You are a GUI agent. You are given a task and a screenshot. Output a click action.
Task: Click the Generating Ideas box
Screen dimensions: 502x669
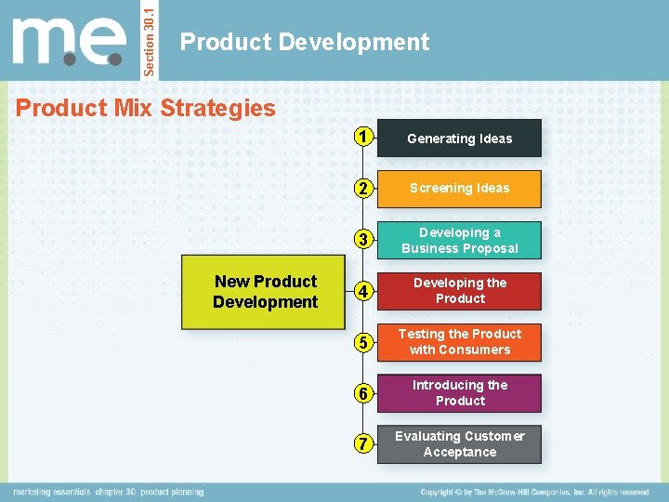(460, 139)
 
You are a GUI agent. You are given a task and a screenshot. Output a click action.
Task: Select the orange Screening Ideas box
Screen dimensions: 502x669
(460, 189)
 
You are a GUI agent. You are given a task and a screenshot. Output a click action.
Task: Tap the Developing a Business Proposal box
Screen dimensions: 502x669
(460, 240)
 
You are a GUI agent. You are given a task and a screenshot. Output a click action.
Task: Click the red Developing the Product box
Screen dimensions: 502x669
(460, 291)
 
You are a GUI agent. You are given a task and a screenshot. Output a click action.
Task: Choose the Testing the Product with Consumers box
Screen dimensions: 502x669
(460, 342)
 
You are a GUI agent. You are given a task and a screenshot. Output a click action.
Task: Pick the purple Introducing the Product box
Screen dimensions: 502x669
(460, 393)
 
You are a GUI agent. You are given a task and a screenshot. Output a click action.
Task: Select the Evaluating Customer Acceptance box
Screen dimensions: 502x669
(460, 444)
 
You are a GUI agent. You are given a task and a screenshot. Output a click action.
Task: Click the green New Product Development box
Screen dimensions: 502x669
(265, 292)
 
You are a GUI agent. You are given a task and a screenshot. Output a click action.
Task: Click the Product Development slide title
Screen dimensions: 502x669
(305, 42)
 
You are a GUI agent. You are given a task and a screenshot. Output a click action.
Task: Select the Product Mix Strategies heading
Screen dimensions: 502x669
(146, 108)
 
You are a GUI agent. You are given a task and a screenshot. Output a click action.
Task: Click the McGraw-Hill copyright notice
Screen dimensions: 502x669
(534, 492)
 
